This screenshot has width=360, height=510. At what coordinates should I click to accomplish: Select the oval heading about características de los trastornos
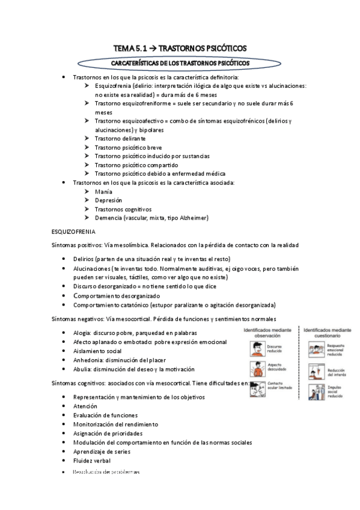coord(180,63)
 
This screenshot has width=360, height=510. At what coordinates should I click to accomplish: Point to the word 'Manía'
coord(104,191)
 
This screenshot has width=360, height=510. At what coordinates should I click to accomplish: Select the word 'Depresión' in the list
coord(108,200)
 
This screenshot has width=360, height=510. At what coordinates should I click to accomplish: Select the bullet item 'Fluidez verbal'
coord(92,460)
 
